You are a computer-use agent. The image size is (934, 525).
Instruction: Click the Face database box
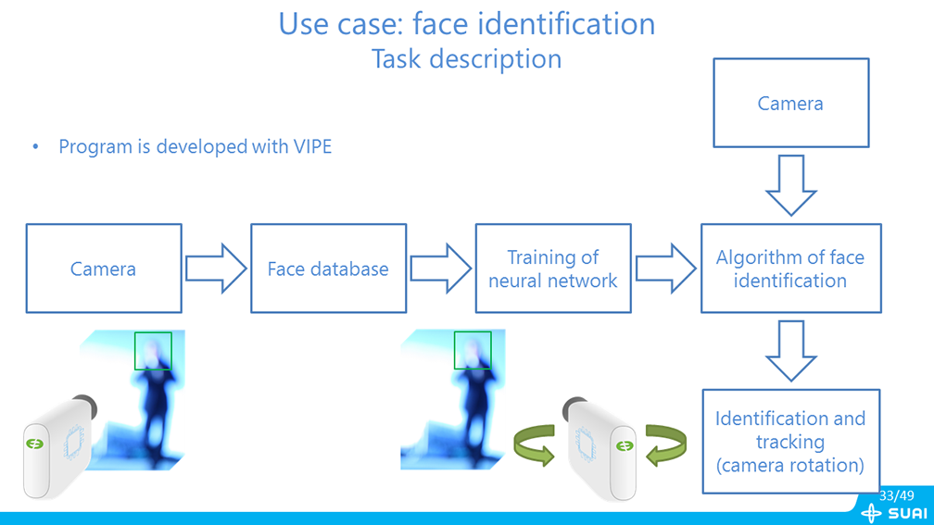[x=328, y=269]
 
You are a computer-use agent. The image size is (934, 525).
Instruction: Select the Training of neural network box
[x=553, y=269]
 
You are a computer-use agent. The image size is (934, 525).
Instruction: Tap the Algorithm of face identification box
[x=790, y=269]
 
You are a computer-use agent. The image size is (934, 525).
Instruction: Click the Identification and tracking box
[x=790, y=442]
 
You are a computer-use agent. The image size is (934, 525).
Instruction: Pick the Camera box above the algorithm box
[x=790, y=103]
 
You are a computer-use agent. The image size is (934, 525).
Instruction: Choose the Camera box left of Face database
[x=104, y=269]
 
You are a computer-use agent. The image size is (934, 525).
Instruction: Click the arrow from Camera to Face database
[x=216, y=269]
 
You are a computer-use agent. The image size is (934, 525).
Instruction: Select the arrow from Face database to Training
[x=441, y=269]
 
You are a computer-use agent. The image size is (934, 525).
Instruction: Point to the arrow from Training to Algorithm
[x=666, y=269]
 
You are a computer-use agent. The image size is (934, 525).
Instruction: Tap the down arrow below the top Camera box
[x=790, y=185]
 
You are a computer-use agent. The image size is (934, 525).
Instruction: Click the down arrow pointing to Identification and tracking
[x=790, y=351]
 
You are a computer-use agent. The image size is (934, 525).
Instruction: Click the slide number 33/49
[x=896, y=496]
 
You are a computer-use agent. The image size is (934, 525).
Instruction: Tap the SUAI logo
[x=893, y=513]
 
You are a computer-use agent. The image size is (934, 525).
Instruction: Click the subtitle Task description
[x=466, y=58]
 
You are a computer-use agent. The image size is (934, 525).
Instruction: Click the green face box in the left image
[x=153, y=351]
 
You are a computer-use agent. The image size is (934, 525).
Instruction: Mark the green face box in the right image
[x=473, y=351]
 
